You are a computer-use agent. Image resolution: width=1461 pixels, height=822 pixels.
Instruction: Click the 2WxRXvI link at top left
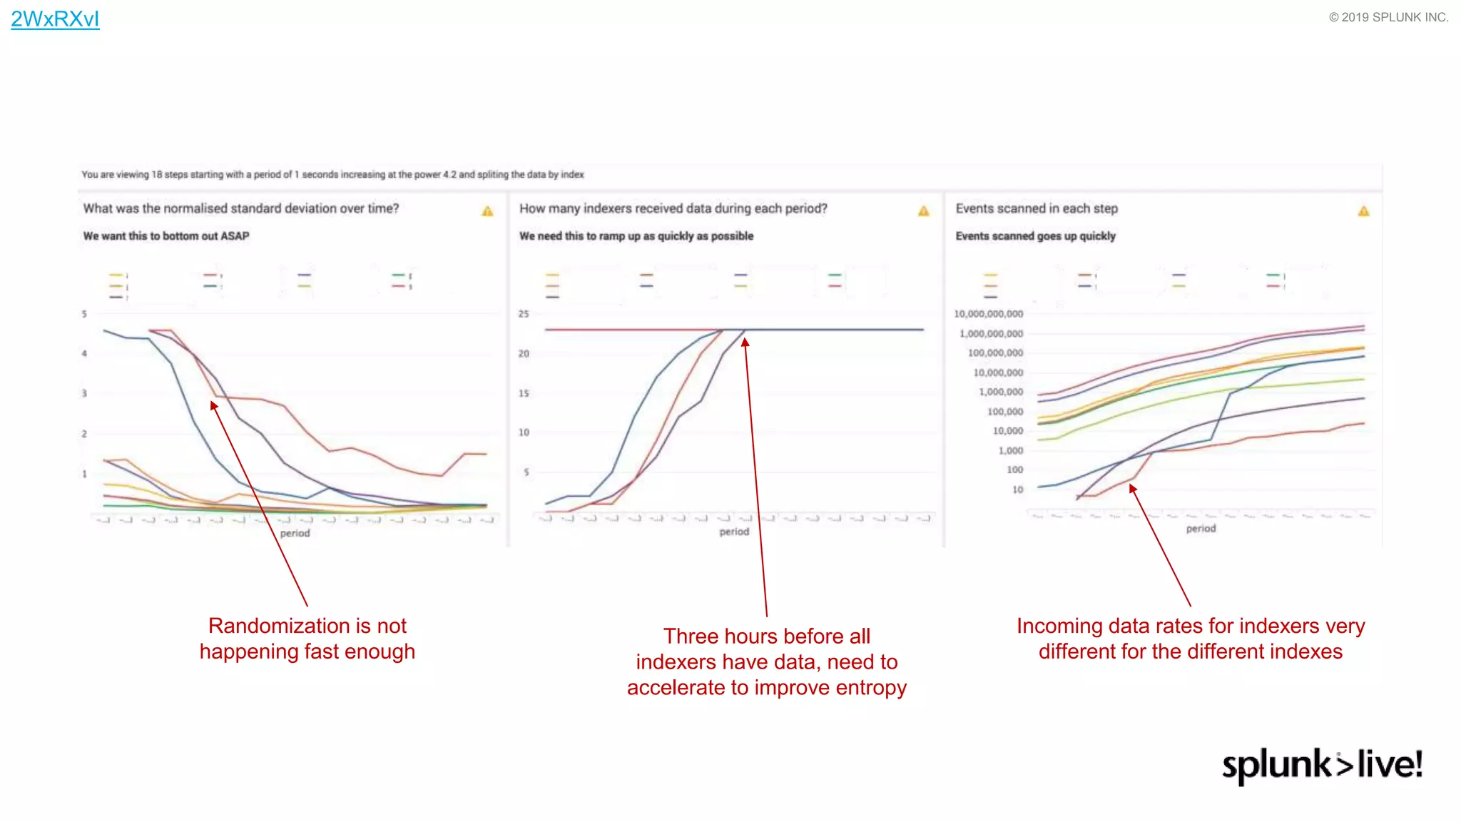tap(55, 19)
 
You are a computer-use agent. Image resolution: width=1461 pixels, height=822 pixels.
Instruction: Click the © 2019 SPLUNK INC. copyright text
tap(1388, 17)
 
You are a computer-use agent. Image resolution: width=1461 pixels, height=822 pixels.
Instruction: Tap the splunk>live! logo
tap(1322, 765)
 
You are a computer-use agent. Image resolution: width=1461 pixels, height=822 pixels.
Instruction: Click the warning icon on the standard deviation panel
tap(487, 211)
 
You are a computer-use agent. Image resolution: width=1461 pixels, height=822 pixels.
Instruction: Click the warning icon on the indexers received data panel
tap(923, 211)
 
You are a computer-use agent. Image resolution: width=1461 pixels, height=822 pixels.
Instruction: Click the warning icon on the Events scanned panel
tap(1363, 211)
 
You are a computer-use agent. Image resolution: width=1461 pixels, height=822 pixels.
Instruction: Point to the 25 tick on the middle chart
tap(524, 314)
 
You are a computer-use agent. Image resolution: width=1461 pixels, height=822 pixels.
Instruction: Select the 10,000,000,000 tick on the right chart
tap(988, 314)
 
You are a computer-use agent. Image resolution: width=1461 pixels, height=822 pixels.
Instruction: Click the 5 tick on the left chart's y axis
tap(84, 314)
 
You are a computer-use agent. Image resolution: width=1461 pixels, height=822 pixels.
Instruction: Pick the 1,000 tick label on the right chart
tap(1010, 450)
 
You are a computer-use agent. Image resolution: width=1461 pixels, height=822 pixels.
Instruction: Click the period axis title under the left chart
tap(295, 533)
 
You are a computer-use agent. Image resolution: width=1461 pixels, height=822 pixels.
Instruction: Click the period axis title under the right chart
tap(1201, 528)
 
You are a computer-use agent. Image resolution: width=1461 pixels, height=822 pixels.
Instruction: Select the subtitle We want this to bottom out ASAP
tap(166, 236)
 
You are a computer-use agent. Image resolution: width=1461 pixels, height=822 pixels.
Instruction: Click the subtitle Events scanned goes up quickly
tap(1035, 236)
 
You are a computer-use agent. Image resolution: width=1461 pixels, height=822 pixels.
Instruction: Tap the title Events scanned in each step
tap(1036, 208)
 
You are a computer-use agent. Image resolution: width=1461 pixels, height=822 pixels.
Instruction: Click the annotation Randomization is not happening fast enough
tap(307, 639)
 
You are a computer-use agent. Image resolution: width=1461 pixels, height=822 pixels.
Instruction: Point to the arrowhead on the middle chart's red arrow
tap(745, 342)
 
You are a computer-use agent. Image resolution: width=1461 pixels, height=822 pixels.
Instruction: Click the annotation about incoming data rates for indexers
tap(1190, 639)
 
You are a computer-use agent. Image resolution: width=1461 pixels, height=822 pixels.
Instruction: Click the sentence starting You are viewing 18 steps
tap(332, 175)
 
